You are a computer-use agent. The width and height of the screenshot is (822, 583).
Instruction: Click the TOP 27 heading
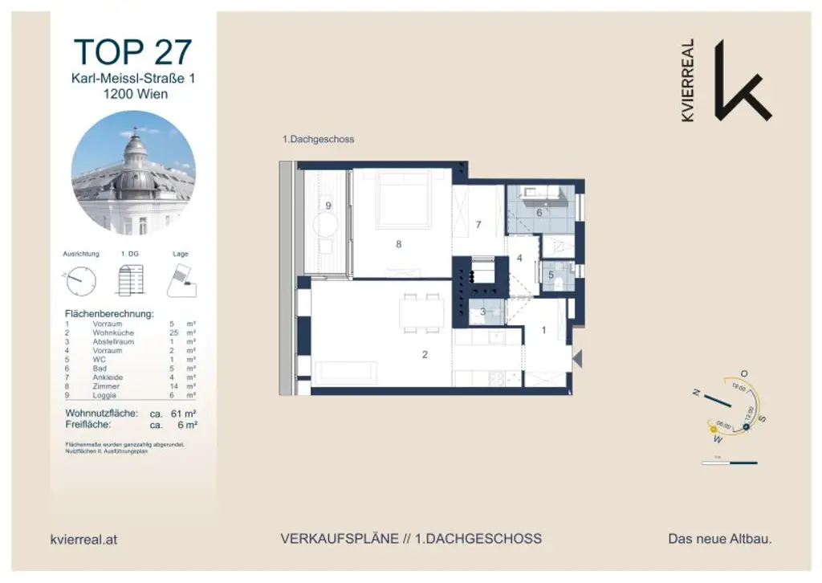point(133,51)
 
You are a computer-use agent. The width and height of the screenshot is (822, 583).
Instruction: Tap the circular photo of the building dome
point(133,173)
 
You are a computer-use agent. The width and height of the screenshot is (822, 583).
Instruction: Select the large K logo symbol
point(741,79)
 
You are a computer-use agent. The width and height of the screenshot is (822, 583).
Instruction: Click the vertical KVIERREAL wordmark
point(687,80)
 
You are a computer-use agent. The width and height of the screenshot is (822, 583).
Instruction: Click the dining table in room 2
point(422,312)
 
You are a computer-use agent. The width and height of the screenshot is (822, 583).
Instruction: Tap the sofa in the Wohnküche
point(346,371)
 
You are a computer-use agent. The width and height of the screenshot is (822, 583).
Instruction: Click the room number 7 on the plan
point(478,225)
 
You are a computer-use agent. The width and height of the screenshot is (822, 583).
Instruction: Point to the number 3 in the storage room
point(482,312)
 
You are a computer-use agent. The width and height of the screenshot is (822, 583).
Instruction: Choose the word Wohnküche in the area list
point(112,332)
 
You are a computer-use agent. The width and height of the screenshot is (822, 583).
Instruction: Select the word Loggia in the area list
point(106,395)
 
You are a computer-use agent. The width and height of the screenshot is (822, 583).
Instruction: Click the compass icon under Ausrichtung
point(81,280)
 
